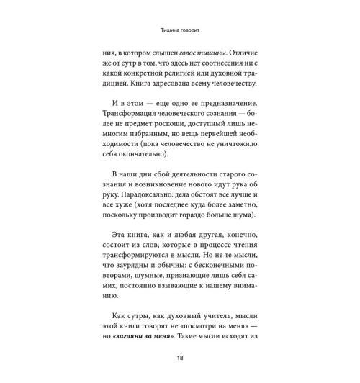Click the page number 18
[x=180, y=359]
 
